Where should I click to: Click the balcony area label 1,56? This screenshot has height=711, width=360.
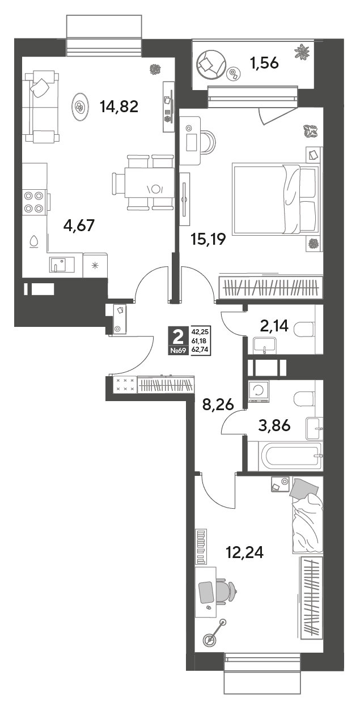click(x=264, y=63)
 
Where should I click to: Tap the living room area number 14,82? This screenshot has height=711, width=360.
click(x=119, y=106)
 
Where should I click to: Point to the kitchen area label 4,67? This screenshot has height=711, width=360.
click(x=79, y=225)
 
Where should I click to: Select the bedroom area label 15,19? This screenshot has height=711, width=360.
click(x=209, y=239)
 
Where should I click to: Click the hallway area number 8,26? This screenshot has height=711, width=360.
click(x=218, y=405)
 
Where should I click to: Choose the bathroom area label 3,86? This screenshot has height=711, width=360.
click(x=274, y=425)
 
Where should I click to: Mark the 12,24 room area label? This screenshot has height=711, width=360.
click(x=245, y=552)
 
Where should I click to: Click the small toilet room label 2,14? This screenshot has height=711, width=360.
click(x=274, y=325)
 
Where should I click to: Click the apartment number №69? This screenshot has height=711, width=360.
click(x=178, y=351)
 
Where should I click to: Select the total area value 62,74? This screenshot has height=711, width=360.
click(x=199, y=351)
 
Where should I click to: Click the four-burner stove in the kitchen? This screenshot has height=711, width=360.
click(x=33, y=202)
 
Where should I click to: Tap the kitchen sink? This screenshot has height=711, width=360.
click(x=62, y=264)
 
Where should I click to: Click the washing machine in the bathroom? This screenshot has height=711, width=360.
click(x=259, y=391)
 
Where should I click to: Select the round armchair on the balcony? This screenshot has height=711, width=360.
click(x=211, y=65)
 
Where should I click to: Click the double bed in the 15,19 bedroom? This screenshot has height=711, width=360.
click(x=276, y=199)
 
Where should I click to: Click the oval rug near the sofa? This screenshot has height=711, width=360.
click(x=80, y=107)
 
